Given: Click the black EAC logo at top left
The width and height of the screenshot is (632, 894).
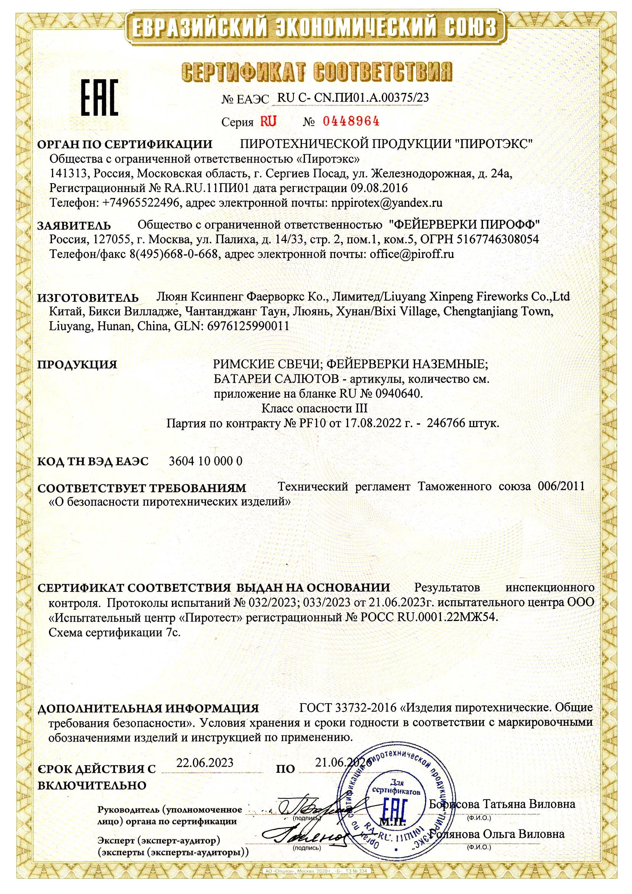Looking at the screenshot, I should click(x=99, y=97).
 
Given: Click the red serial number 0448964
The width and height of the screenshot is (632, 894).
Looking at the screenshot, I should click(x=351, y=122).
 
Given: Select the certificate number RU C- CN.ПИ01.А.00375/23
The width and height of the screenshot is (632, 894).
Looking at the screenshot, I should click(x=353, y=98).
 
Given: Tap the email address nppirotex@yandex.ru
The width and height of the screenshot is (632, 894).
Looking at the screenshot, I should click(x=386, y=203).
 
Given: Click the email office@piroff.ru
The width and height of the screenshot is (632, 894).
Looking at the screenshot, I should click(x=412, y=254).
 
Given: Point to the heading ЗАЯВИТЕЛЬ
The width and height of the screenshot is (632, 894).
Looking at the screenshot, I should click(x=74, y=226).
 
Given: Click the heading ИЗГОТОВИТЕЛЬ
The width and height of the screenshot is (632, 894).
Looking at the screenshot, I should click(x=88, y=298).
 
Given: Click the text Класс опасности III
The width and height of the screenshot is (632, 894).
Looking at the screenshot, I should click(x=314, y=408).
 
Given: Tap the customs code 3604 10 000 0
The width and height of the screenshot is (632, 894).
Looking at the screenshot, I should click(x=206, y=461).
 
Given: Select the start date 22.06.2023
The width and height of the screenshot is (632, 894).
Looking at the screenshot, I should click(x=205, y=762).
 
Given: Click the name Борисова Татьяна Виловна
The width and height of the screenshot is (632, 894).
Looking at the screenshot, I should click(x=502, y=804).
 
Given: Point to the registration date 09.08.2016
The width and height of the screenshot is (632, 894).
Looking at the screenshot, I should click(x=379, y=189).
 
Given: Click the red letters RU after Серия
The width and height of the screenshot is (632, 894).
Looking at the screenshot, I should click(x=268, y=122).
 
